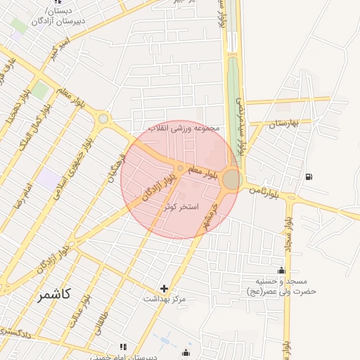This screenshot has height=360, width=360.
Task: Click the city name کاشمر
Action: tap(54, 295)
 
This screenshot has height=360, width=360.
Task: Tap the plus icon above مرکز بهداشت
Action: tap(165, 288)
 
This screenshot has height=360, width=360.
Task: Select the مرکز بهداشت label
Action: tap(165, 300)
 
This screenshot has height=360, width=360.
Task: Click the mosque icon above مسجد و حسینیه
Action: tap(282, 271)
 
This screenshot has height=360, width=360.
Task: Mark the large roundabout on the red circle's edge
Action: tap(231, 180)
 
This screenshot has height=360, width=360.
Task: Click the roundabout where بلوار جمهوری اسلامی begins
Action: tap(104, 120)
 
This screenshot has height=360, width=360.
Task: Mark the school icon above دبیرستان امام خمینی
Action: tap(124, 347)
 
